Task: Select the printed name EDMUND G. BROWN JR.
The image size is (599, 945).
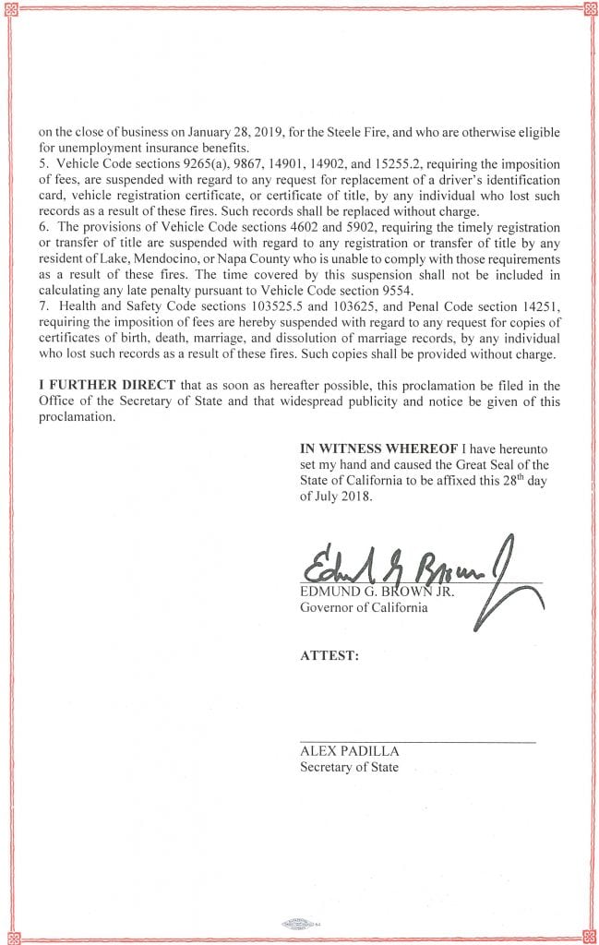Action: pyautogui.click(x=365, y=592)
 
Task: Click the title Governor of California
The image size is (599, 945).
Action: pyautogui.click(x=364, y=607)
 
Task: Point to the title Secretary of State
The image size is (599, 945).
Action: pyautogui.click(x=349, y=767)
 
